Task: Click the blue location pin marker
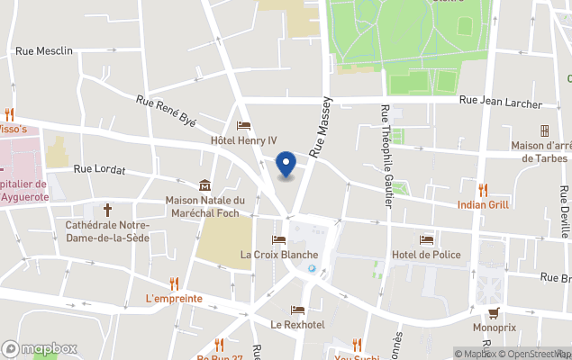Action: pyautogui.click(x=286, y=165)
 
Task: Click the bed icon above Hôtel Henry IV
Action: pyautogui.click(x=243, y=126)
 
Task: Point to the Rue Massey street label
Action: pyautogui.click(x=322, y=127)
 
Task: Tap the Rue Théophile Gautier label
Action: pyautogui.click(x=386, y=154)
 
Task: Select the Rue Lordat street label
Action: pyautogui.click(x=99, y=168)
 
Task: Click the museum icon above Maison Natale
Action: pyautogui.click(x=205, y=184)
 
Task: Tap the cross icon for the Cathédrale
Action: pyautogui.click(x=107, y=209)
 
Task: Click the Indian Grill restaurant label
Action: pyautogui.click(x=483, y=204)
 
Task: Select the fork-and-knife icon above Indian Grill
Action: pyautogui.click(x=483, y=189)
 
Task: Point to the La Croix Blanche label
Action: pyautogui.click(x=278, y=255)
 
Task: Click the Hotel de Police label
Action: pyautogui.click(x=426, y=255)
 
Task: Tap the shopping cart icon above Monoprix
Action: pyautogui.click(x=494, y=312)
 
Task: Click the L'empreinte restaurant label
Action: pyautogui.click(x=173, y=298)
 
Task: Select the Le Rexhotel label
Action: pyautogui.click(x=297, y=324)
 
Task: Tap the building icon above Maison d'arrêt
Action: pyautogui.click(x=544, y=130)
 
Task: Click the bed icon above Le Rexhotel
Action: pyautogui.click(x=297, y=310)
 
